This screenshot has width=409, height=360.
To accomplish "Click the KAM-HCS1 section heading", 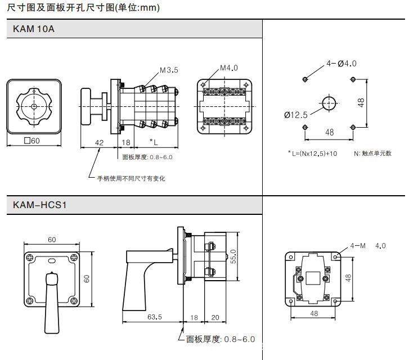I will point(40,205).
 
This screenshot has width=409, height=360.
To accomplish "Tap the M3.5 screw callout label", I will point(169,70).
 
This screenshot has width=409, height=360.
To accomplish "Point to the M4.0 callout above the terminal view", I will point(228,68).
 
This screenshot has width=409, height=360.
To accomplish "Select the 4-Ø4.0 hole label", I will point(341,64).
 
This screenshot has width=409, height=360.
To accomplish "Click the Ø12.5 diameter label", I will point(296,115).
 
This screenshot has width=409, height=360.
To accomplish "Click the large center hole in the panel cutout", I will point(329,103).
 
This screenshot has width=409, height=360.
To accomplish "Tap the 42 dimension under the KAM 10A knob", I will point(98,143).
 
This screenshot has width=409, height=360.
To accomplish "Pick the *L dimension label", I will point(154,143).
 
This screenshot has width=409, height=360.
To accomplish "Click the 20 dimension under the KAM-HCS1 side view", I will point(215,317).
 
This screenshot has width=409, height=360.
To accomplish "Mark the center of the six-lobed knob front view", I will point(34,106).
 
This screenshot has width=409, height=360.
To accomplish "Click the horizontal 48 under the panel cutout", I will point(329,133).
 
